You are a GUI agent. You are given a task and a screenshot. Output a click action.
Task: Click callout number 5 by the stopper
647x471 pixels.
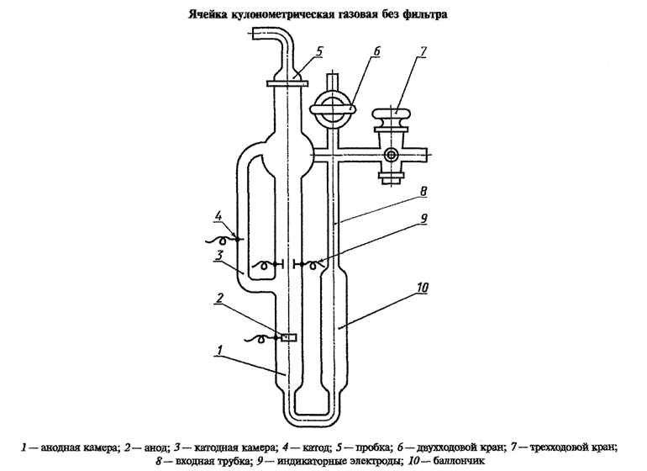tap(319, 53)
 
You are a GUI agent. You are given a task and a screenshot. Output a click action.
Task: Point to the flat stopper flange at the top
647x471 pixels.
tap(286, 82)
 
